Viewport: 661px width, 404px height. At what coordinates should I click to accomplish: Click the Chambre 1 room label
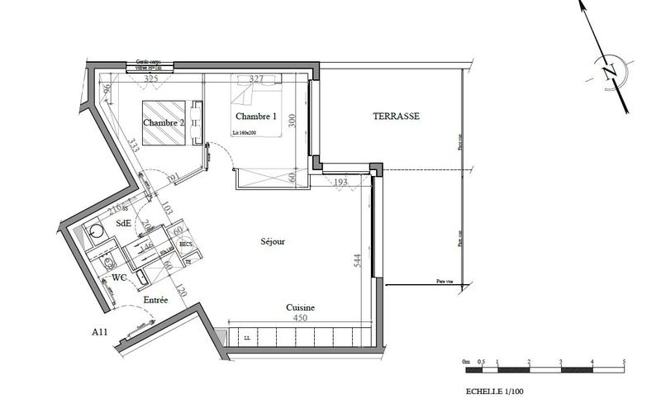click(x=254, y=116)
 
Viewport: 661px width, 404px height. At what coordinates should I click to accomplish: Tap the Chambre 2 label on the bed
click(x=163, y=123)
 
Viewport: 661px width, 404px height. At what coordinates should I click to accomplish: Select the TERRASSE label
click(x=397, y=116)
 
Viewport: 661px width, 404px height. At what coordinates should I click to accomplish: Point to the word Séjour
click(x=273, y=242)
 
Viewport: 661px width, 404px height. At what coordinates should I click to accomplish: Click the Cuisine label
click(x=300, y=307)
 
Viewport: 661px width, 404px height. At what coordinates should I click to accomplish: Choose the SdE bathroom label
click(x=123, y=223)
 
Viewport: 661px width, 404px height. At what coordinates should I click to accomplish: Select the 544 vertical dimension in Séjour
click(x=357, y=261)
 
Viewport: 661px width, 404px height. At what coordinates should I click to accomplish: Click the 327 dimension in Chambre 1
click(x=256, y=79)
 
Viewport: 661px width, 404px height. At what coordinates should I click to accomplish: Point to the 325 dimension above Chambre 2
click(x=151, y=79)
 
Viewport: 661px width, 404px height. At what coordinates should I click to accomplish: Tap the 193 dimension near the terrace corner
click(x=342, y=181)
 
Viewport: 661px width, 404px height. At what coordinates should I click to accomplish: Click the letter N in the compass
click(x=610, y=73)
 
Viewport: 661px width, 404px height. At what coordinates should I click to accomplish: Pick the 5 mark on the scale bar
click(x=623, y=362)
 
